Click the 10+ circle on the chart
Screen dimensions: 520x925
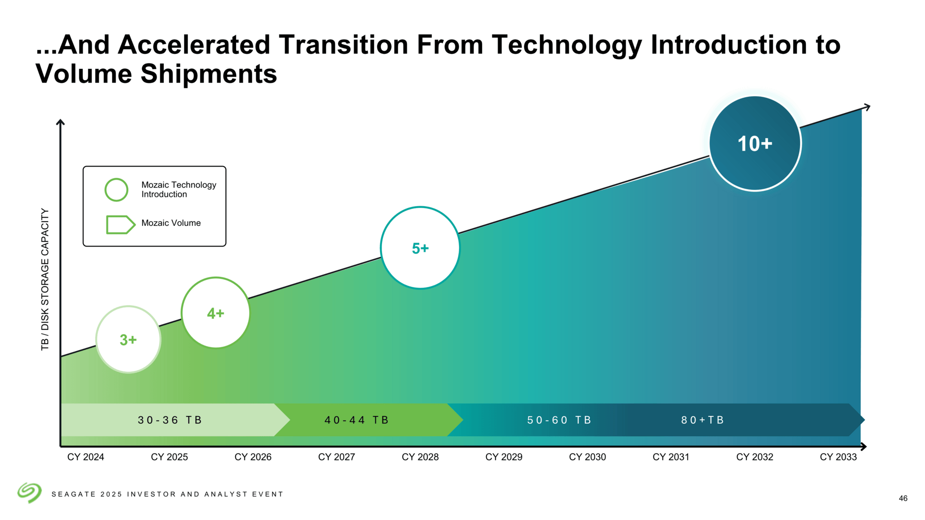coord(755,143)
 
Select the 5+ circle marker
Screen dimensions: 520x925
coord(420,248)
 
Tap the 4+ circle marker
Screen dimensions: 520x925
coord(216,313)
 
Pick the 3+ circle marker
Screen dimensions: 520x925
coord(128,339)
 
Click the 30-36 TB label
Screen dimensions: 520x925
coord(170,420)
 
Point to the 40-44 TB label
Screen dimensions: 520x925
coord(357,420)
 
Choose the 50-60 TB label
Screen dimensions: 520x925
coord(559,420)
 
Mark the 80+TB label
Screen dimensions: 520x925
coord(702,420)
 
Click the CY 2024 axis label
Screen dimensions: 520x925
coord(86,457)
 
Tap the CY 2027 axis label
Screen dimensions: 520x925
coord(336,457)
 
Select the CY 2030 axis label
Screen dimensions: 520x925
coord(587,457)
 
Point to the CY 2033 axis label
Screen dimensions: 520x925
coord(838,457)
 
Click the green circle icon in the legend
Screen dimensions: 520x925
coord(116,190)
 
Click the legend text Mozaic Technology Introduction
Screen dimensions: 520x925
coord(179,190)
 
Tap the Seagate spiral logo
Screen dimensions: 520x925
coord(29,493)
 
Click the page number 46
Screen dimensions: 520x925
coord(903,498)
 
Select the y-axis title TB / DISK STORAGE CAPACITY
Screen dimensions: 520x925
coord(45,279)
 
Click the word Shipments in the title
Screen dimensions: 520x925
coord(209,74)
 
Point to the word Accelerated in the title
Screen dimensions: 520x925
coord(194,45)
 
